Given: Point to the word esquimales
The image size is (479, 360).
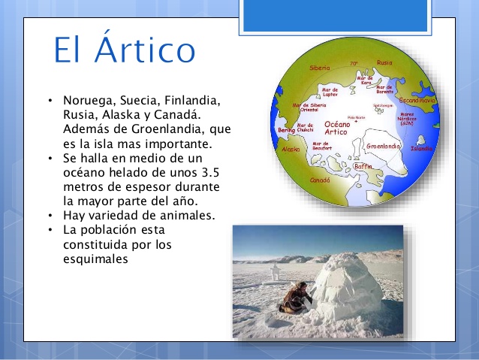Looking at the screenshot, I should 97,259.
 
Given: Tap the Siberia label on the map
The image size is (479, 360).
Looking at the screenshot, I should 319,68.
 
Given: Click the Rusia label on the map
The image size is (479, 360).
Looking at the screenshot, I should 384,63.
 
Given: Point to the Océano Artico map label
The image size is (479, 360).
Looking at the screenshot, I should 336,128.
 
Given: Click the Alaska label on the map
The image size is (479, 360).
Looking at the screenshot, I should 289,150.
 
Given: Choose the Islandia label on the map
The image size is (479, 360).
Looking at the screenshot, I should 422,149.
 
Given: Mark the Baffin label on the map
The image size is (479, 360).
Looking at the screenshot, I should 363,166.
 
